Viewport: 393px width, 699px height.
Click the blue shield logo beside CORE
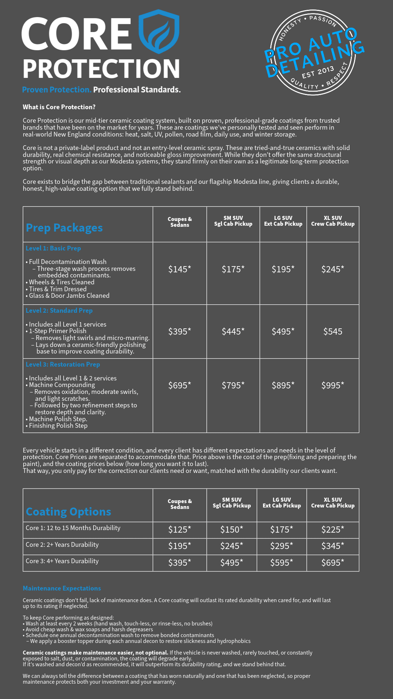pyautogui.click(x=159, y=32)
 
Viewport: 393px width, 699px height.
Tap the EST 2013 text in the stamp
pyautogui.click(x=318, y=72)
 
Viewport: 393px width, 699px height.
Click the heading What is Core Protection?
pyautogui.click(x=59, y=107)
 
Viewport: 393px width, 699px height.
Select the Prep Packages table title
pyautogui.click(x=64, y=228)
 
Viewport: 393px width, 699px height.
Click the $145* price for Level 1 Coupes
pyautogui.click(x=179, y=269)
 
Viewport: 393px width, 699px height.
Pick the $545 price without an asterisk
pyautogui.click(x=333, y=331)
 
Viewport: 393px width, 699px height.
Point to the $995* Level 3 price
pyautogui.click(x=333, y=385)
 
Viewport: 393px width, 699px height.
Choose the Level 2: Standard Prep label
pyautogui.click(x=59, y=311)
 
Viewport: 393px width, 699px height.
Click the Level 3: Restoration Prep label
pyautogui.click(x=63, y=364)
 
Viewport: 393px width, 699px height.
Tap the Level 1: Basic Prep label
pyautogui.click(x=53, y=248)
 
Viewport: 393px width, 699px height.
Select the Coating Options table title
pyautogui.click(x=68, y=512)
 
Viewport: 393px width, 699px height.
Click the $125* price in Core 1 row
pyautogui.click(x=179, y=529)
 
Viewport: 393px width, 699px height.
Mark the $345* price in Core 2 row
pyautogui.click(x=333, y=546)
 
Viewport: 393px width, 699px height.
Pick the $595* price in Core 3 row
pyautogui.click(x=281, y=562)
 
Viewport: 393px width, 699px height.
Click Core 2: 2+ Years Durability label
pyautogui.click(x=62, y=545)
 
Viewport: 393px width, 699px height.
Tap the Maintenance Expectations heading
pyautogui.click(x=62, y=588)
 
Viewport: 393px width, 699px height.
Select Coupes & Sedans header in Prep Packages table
pyautogui.click(x=179, y=222)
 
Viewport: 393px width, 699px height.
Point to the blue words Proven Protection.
pyautogui.click(x=56, y=90)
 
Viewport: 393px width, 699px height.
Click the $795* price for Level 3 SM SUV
pyautogui.click(x=233, y=385)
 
